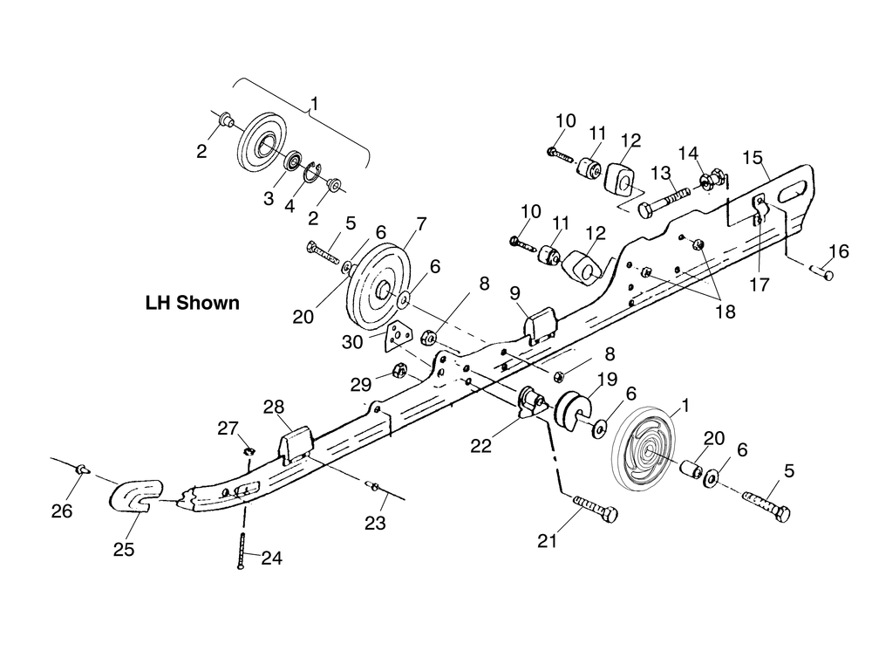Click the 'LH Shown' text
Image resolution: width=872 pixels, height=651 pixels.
[193, 303]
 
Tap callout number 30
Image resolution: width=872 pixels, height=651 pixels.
[352, 341]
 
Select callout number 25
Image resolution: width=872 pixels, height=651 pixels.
[124, 549]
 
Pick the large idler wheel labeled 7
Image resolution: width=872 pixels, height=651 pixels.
[378, 286]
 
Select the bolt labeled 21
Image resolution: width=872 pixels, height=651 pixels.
[595, 508]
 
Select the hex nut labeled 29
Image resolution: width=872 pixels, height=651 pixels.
[400, 370]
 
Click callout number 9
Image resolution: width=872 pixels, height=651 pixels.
[514, 292]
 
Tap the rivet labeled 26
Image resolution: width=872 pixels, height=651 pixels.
[82, 469]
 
